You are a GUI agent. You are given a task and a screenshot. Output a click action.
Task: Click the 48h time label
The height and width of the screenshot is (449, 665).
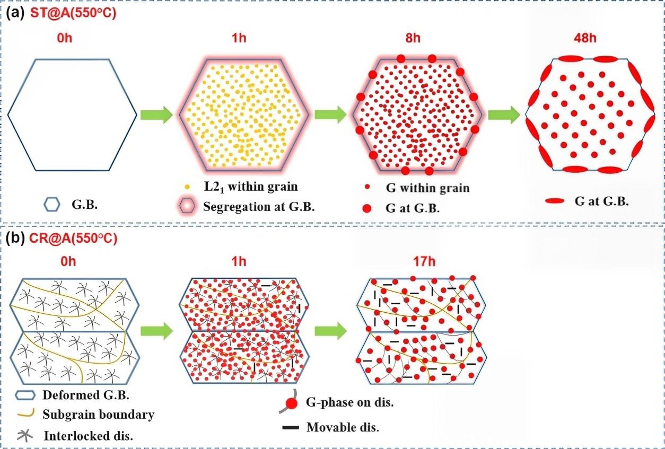click(x=585, y=38)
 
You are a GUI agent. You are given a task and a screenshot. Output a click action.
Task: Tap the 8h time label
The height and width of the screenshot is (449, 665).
click(x=413, y=38)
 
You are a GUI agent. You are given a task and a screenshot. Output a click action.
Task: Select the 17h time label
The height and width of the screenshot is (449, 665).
click(x=424, y=261)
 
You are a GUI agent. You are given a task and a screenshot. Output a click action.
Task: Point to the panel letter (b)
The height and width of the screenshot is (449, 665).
click(x=15, y=239)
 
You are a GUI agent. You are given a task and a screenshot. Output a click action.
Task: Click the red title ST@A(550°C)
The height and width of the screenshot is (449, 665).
click(x=73, y=13)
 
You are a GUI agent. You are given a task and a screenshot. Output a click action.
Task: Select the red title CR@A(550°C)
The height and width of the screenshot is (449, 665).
click(x=73, y=239)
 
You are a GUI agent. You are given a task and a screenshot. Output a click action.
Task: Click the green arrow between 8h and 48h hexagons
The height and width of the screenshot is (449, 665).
click(x=504, y=115)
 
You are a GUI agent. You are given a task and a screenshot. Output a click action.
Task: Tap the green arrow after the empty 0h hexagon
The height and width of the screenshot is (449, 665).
click(x=156, y=115)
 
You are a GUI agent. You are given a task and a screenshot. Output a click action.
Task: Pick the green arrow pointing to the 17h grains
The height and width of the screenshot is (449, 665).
click(x=330, y=331)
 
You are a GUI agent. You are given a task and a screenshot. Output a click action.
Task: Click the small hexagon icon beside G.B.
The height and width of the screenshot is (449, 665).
click(x=52, y=205)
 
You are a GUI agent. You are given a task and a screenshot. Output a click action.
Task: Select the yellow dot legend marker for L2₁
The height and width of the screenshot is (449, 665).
click(x=187, y=187)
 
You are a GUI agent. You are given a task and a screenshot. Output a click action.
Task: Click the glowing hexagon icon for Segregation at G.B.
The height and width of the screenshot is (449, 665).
click(x=187, y=206)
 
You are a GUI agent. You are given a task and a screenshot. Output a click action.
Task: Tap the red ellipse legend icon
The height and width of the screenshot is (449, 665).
click(x=555, y=201)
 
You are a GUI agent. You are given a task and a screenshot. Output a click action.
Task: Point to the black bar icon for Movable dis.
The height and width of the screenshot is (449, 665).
click(x=291, y=428)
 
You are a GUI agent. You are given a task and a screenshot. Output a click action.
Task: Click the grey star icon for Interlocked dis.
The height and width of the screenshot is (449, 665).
click(x=25, y=435)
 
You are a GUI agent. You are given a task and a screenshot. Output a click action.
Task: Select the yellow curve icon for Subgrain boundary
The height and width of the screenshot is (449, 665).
click(x=26, y=412)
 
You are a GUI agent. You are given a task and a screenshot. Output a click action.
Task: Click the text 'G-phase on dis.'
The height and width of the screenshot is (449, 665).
click(x=349, y=402)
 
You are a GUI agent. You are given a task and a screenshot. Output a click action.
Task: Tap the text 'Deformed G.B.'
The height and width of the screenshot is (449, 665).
click(x=86, y=395)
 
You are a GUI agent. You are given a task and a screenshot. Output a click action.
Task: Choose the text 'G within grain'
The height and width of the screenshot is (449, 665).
click(x=427, y=188)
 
